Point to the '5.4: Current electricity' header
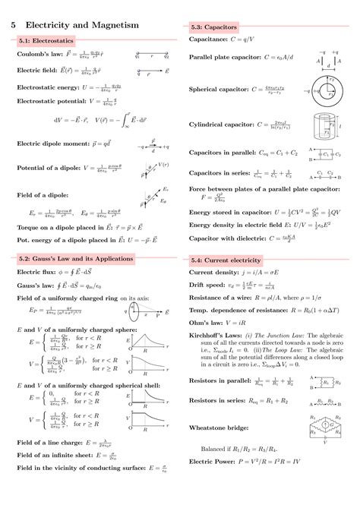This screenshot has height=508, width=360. pyautogui.click(x=226, y=259)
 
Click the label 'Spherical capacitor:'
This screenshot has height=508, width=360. pyautogui.click(x=219, y=89)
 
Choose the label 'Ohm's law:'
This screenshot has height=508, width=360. pyautogui.click(x=207, y=323)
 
